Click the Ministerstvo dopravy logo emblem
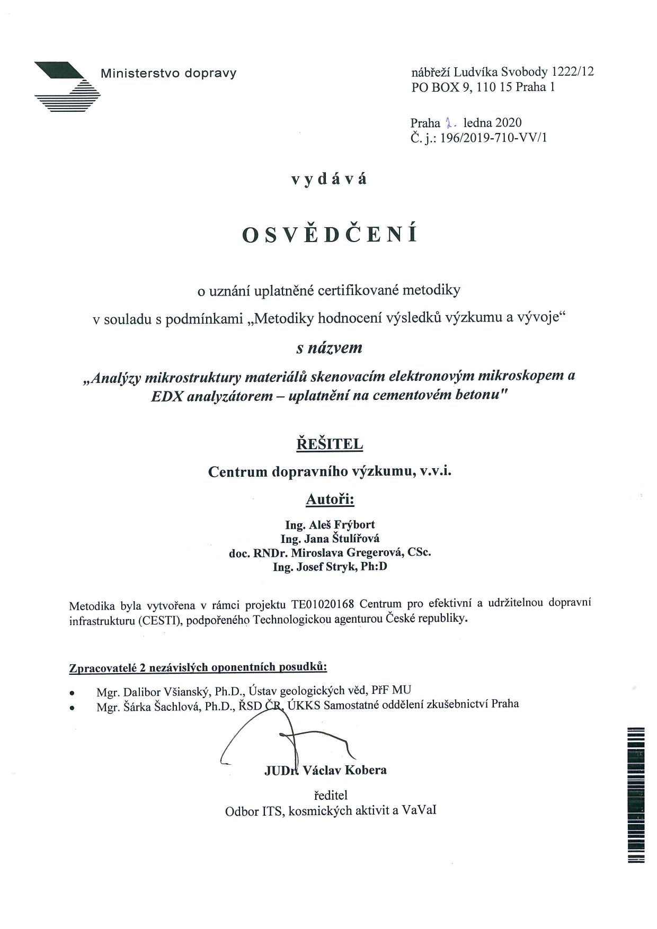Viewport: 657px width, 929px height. [67, 86]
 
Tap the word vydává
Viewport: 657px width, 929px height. [328, 179]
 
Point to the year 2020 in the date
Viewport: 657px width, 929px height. [508, 123]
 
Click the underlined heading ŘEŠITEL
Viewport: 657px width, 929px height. [330, 444]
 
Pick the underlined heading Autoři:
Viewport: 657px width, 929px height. [330, 499]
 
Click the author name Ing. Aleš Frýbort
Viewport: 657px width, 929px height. [330, 525]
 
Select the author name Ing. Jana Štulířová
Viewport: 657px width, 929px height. [330, 539]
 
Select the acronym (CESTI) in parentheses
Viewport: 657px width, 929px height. [161, 619]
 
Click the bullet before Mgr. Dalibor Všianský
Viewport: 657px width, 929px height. [72, 692]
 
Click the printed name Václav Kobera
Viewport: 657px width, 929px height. [344, 770]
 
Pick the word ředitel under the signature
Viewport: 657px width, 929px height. [331, 795]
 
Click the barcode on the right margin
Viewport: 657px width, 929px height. [636, 794]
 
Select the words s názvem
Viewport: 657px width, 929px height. [329, 348]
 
